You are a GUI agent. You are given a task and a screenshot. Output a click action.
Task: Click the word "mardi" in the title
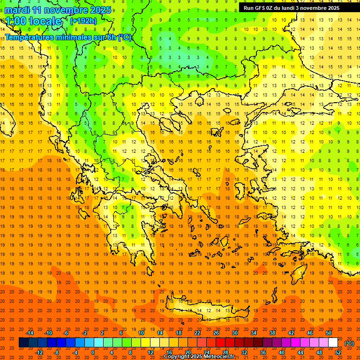[17, 10]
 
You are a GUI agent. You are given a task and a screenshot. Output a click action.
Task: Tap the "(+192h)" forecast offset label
[83, 21]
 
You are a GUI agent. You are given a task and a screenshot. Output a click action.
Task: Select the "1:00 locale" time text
[33, 21]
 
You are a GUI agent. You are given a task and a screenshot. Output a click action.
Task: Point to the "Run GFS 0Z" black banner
[295, 7]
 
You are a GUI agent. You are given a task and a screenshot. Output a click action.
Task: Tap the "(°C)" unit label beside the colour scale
[349, 343]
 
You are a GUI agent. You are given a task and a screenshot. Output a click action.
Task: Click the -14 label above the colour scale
[30, 333]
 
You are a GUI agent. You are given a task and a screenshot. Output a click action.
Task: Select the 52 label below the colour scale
[338, 352]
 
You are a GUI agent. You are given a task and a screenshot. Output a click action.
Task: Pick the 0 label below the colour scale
[92, 352]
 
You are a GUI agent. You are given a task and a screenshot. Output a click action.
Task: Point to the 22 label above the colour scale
[197, 333]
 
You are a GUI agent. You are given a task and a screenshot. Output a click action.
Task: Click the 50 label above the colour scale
[329, 333]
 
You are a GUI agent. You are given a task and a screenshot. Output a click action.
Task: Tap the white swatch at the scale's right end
[333, 343]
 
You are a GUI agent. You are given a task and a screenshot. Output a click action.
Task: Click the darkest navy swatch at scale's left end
[23, 343]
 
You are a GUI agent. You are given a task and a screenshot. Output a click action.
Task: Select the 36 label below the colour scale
[263, 352]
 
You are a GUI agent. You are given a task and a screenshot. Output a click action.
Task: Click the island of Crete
[202, 310]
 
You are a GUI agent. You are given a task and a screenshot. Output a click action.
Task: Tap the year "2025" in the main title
[99, 10]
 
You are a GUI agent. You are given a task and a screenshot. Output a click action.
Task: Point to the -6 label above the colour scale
[66, 333]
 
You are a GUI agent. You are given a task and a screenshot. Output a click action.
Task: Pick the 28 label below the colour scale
[225, 352]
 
